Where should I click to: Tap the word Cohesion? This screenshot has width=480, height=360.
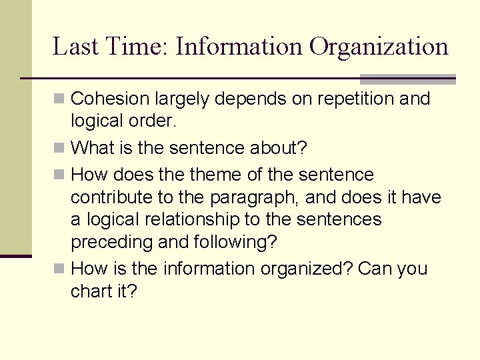[x=110, y=99]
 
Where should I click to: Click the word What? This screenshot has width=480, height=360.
[x=93, y=147]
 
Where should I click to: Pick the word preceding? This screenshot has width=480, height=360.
[x=111, y=243]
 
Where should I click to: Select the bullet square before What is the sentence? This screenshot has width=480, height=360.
[x=59, y=147]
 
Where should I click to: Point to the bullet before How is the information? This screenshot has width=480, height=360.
[x=59, y=269]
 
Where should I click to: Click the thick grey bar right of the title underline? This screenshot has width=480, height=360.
[x=407, y=79]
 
